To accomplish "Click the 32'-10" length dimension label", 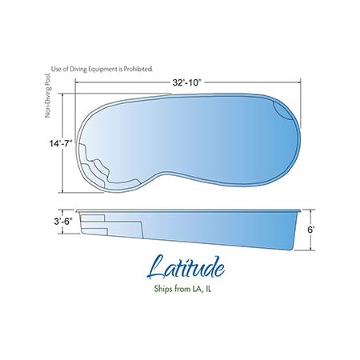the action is click(x=186, y=83).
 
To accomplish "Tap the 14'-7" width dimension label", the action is click(x=61, y=143).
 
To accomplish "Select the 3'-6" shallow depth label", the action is click(x=63, y=222).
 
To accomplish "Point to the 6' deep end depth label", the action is click(x=311, y=230).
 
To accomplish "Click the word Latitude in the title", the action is click(x=186, y=267).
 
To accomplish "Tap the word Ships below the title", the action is click(x=163, y=289).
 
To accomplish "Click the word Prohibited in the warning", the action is click(x=139, y=69).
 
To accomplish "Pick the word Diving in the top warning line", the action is click(x=78, y=69).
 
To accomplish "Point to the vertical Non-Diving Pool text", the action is click(x=48, y=95).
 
